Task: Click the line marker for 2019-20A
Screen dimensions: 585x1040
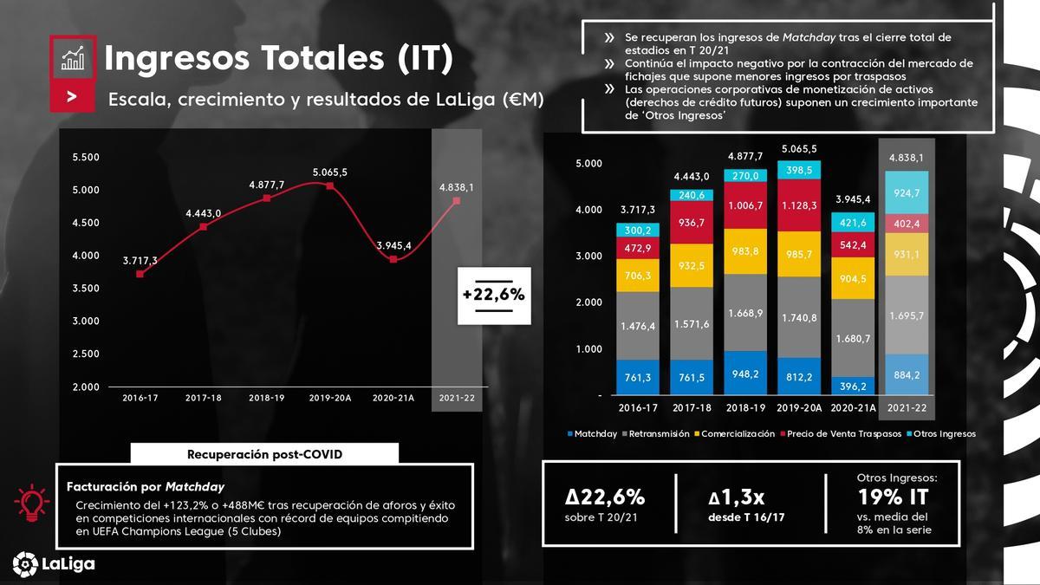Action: coord(330,185)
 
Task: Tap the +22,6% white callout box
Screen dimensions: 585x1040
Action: coord(493,295)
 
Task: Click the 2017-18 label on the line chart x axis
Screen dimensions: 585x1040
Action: coord(204,399)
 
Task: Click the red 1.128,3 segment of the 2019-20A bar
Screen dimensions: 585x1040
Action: coord(799,205)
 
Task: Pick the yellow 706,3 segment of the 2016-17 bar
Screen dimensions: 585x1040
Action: coord(639,275)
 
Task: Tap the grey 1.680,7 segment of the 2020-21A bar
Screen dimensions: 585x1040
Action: coord(852,338)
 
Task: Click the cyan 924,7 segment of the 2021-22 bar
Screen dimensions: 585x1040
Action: coord(905,192)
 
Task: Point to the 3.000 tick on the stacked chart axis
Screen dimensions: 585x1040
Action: coord(588,257)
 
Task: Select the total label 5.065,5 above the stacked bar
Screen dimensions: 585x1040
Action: coord(799,149)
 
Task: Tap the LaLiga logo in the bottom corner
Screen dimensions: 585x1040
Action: coord(54,563)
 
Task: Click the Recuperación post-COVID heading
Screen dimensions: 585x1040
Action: coord(264,454)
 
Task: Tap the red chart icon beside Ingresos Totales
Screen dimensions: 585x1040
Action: coord(72,58)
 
